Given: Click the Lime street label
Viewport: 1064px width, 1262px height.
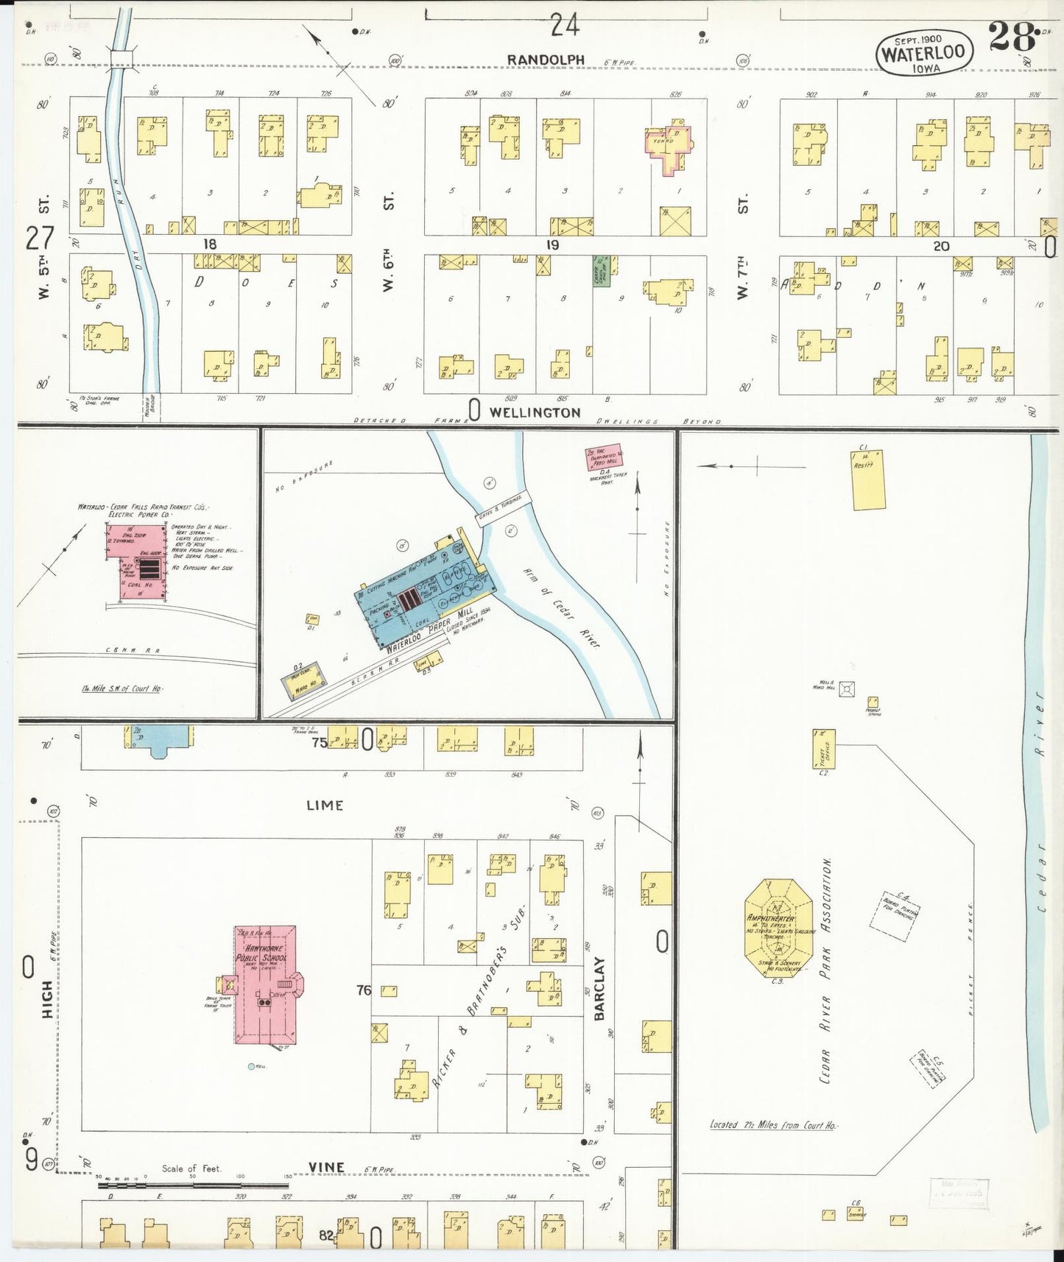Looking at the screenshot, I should point(325,806).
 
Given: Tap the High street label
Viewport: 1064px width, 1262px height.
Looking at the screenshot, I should point(47,999).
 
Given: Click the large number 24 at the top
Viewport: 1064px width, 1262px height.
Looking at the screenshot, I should point(565,27).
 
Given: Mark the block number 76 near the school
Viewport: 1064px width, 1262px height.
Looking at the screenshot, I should point(363,990).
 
